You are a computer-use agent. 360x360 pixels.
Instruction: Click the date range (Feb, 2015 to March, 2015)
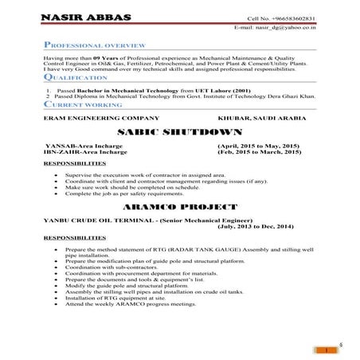pyautogui.click(x=258, y=154)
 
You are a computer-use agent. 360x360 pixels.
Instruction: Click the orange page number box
pyautogui.click(x=327, y=350)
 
